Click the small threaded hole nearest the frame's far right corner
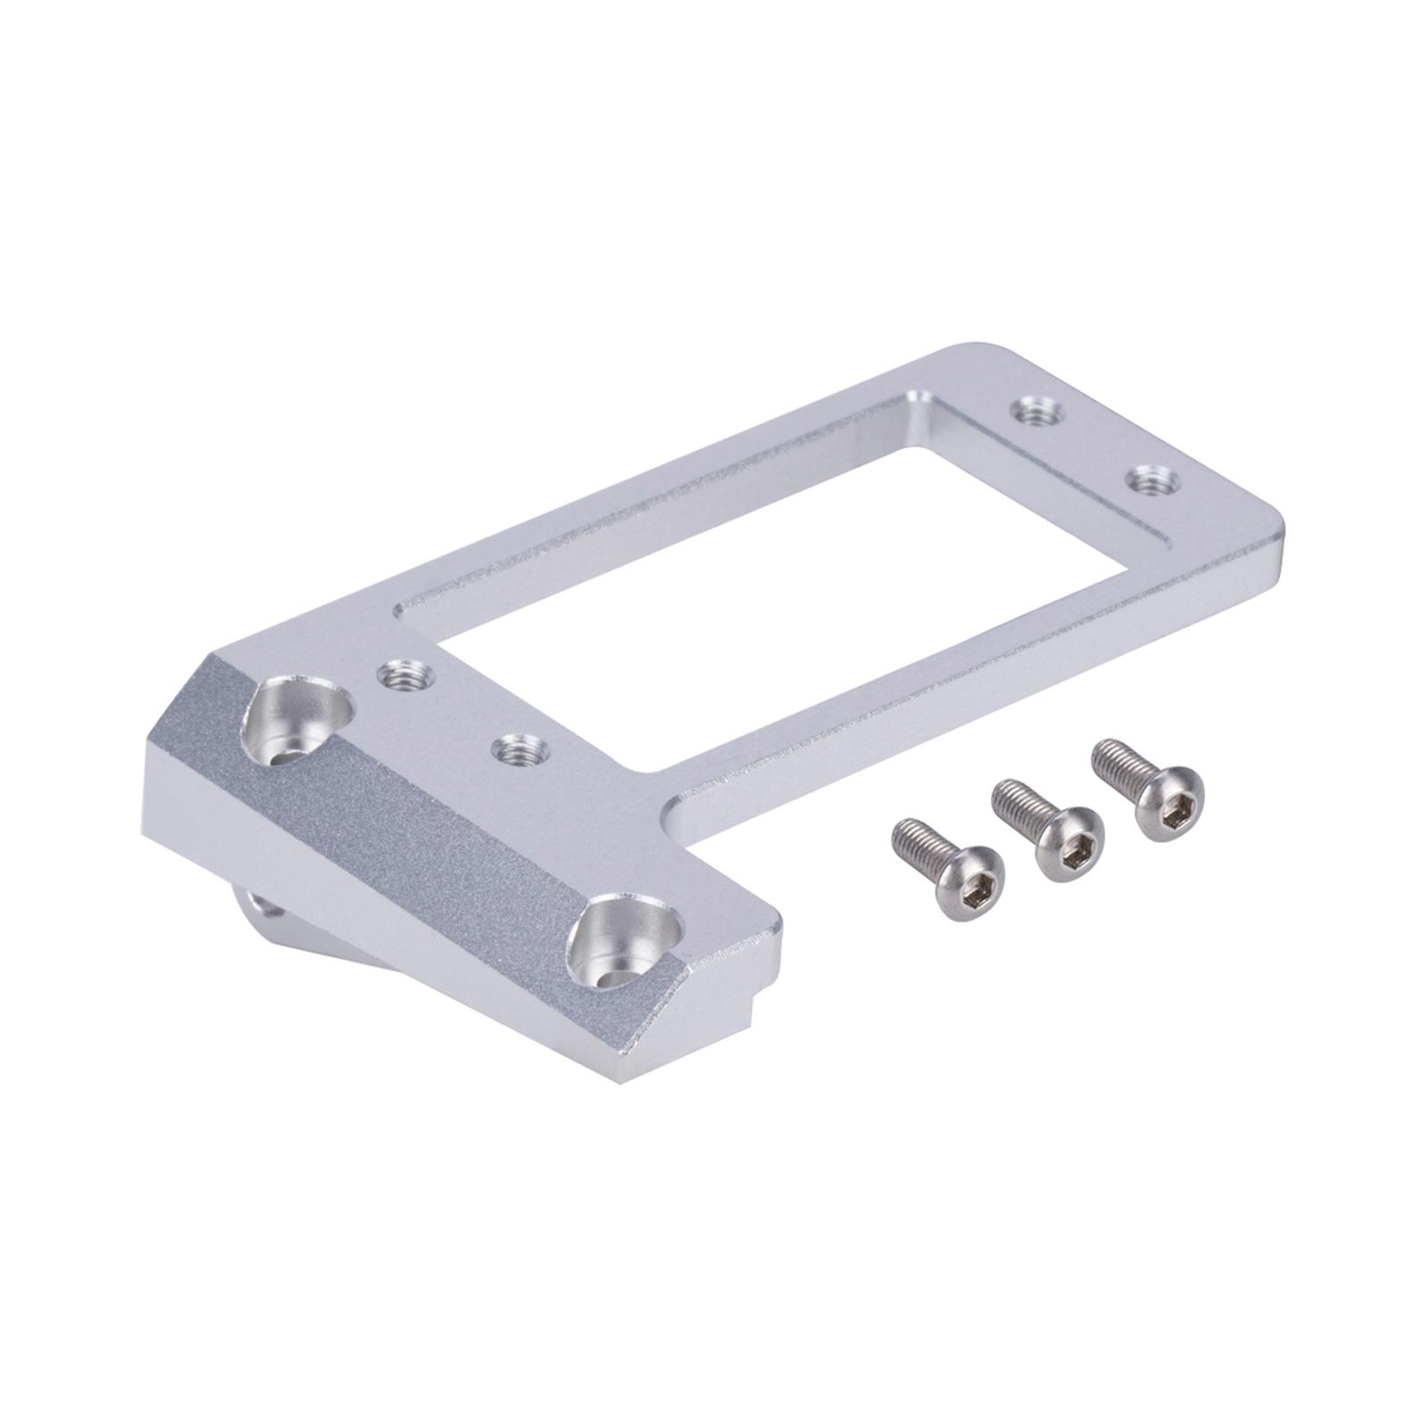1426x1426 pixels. pos(1152,482)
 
